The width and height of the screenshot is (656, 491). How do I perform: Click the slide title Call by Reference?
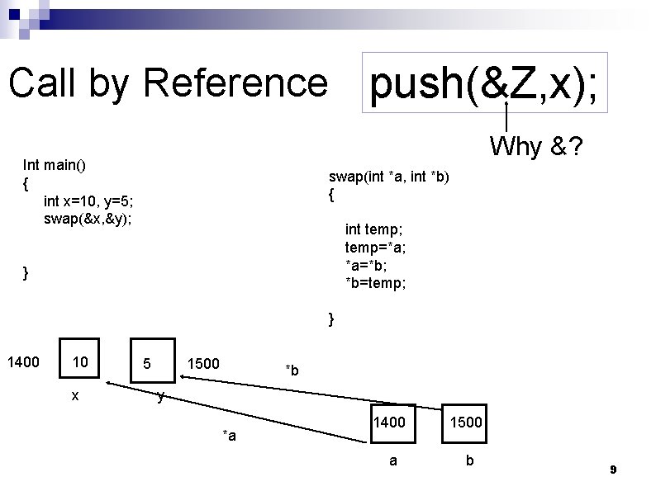pos(168,83)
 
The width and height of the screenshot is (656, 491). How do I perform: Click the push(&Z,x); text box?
pos(484,83)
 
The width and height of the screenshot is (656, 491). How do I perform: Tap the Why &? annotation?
pos(535,147)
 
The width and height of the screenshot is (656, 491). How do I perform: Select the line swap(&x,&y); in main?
pos(88,219)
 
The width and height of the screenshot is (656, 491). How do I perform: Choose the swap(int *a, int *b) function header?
pos(389,177)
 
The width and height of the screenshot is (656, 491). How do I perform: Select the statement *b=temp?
pos(375,283)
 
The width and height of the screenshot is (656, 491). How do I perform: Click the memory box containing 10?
pos(81,362)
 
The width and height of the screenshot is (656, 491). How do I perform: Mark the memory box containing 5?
pos(151,362)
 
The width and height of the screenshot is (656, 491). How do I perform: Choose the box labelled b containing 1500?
pos(465,423)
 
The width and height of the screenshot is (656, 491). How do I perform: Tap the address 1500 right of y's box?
pos(203,362)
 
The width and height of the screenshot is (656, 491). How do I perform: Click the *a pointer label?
pos(229,436)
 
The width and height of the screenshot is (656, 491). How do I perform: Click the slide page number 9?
pos(613,470)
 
